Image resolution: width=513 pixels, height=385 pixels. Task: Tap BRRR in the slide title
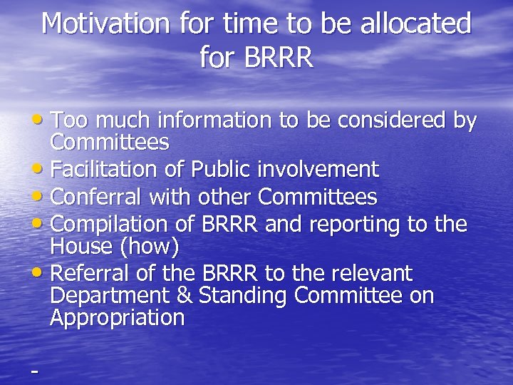[279, 58]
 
